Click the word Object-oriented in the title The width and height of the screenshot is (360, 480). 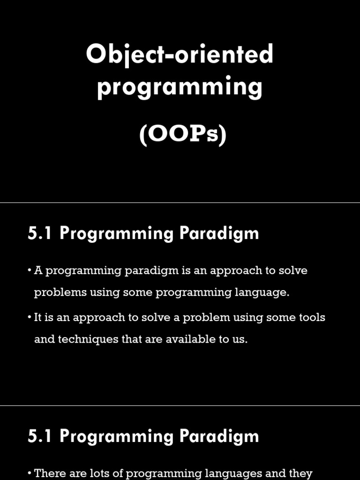tap(180, 55)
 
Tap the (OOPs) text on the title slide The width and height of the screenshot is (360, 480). tap(183, 135)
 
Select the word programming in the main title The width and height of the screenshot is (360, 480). tap(180, 87)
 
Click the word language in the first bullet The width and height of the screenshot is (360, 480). tap(264, 292)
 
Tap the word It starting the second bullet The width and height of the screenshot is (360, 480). tap(37, 317)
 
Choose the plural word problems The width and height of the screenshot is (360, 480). tap(53, 292)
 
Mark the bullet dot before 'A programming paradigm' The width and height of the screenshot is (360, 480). tap(30, 270)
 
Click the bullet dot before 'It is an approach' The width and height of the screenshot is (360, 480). tap(30, 317)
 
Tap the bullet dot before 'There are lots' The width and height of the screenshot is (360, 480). tap(30, 473)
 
